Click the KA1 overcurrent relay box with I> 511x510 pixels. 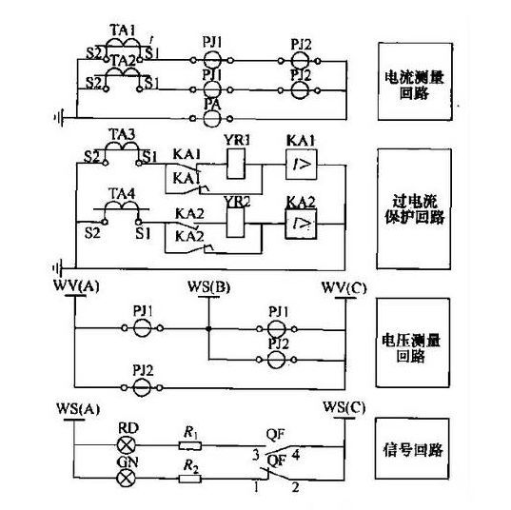coord(301,164)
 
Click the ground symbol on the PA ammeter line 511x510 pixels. coord(62,119)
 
